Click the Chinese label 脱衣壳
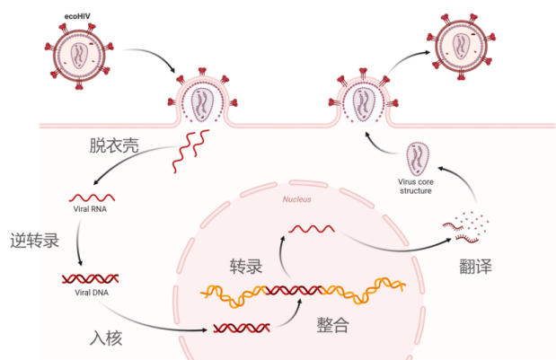pyautogui.click(x=113, y=146)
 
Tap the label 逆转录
pyautogui.click(x=33, y=241)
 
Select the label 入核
pyautogui.click(x=106, y=338)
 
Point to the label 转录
pyautogui.click(x=245, y=267)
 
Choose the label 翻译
pyautogui.click(x=473, y=266)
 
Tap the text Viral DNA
pyautogui.click(x=91, y=293)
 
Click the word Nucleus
pyautogui.click(x=296, y=199)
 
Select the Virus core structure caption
pyautogui.click(x=416, y=186)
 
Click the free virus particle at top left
pyautogui.click(x=77, y=52)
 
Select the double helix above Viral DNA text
pyautogui.click(x=91, y=279)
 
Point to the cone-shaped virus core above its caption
pyautogui.click(x=418, y=159)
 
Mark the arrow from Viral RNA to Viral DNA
pyautogui.click(x=80, y=241)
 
